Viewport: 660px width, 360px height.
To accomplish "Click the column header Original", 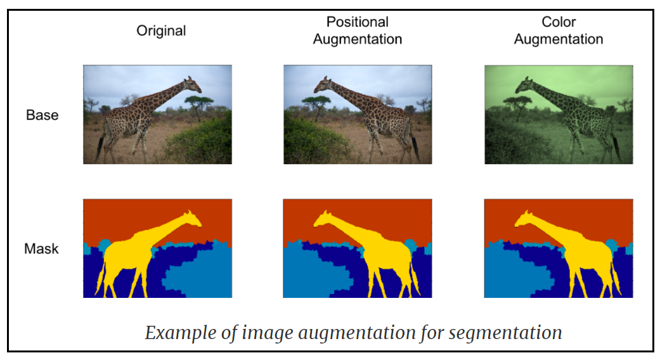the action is [161, 30].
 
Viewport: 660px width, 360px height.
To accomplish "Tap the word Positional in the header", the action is [357, 22].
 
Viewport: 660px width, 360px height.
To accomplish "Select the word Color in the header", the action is [558, 22].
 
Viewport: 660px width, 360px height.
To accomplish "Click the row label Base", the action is [42, 115].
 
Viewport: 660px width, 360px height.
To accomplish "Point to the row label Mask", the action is [41, 248].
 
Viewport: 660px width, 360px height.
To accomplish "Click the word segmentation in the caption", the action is [506, 332].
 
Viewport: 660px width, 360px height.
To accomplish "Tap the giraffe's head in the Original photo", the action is [191, 83].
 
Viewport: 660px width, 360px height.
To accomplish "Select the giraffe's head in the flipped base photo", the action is [324, 83].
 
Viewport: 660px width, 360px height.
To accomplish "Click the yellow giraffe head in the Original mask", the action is [190, 219].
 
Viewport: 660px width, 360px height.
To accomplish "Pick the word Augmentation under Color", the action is [558, 39].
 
